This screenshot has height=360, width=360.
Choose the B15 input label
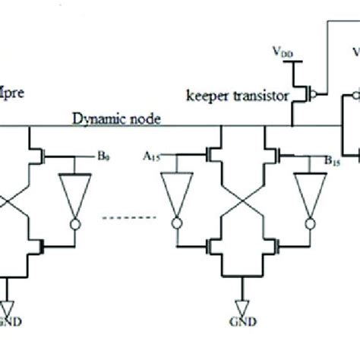[309, 159]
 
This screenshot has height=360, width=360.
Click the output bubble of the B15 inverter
[309, 223]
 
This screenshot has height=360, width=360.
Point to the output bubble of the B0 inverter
[74, 223]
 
